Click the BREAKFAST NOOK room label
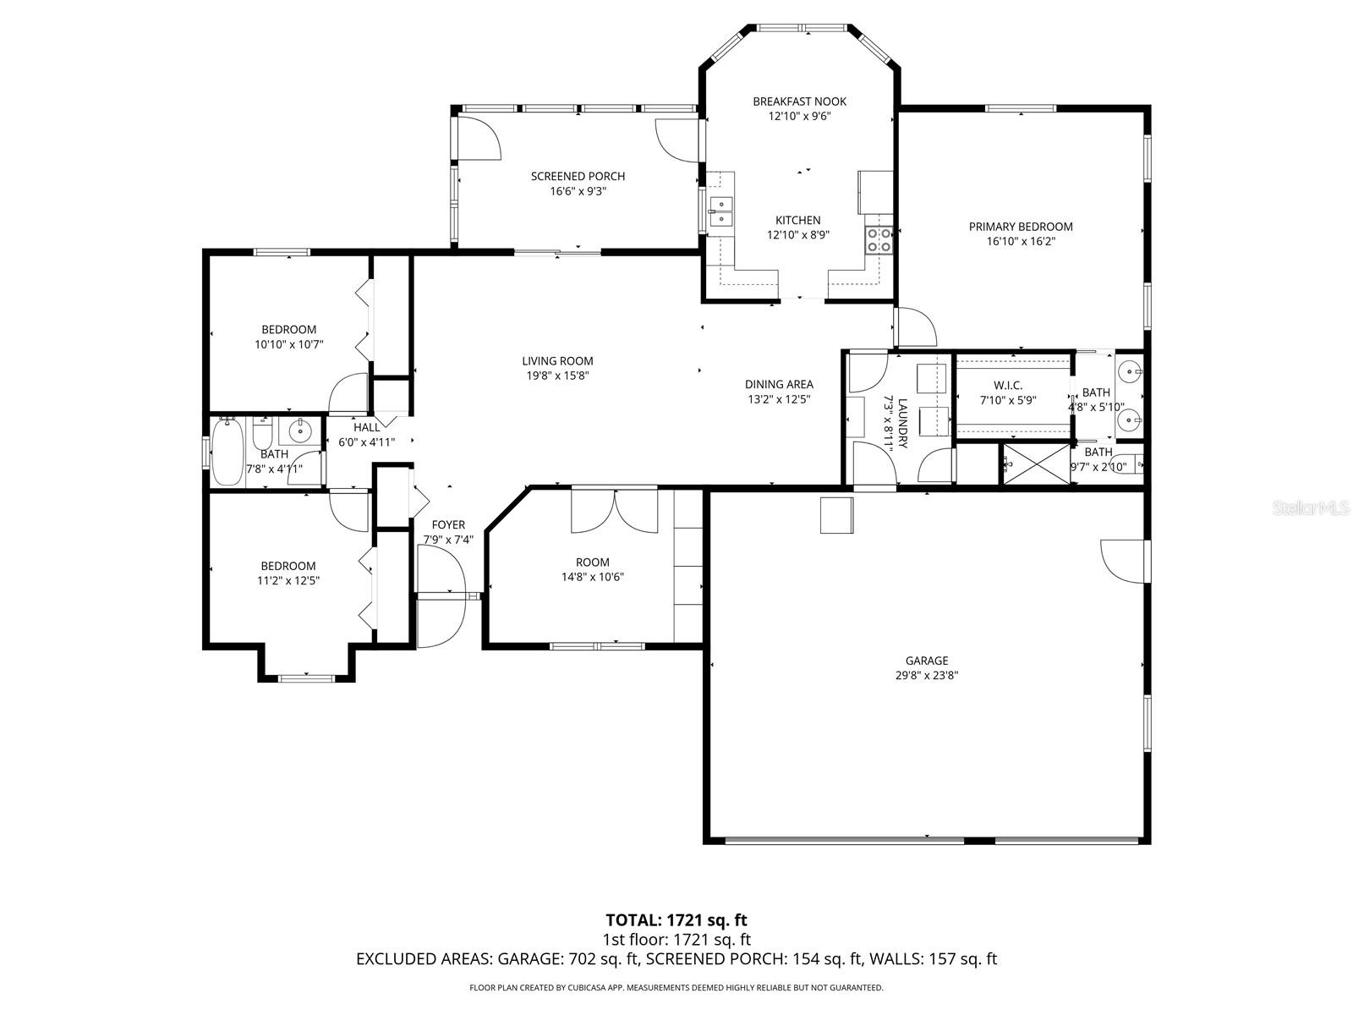click(799, 101)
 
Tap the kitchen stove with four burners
click(879, 240)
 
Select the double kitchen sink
click(720, 211)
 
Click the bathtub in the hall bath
click(227, 453)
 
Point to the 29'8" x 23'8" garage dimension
click(926, 676)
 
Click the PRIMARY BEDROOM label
click(1020, 227)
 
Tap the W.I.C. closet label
click(1007, 386)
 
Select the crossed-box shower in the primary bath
click(1036, 463)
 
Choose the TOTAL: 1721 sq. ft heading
click(676, 919)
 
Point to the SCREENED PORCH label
click(578, 176)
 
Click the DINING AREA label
click(779, 384)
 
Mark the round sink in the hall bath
click(300, 431)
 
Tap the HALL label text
click(366, 427)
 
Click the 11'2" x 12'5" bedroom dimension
click(288, 581)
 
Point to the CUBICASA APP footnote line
click(676, 987)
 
